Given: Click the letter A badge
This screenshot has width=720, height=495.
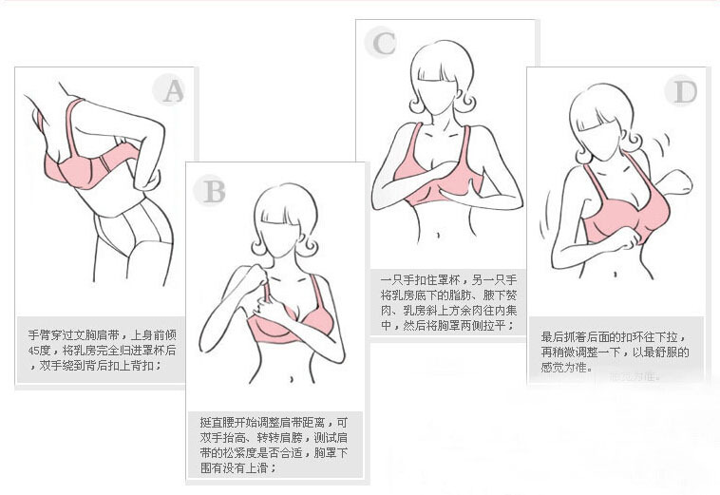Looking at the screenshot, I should click(172, 90).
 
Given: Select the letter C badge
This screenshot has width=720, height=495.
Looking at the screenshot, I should click(384, 43).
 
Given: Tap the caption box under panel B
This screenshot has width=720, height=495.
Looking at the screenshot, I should click(275, 443).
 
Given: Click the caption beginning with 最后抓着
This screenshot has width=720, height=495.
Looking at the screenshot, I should click(615, 352).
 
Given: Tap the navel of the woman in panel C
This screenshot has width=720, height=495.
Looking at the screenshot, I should click(443, 231).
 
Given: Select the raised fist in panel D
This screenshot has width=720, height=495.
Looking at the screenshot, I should click(680, 181).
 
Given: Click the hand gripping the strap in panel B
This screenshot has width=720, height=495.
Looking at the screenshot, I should click(255, 280).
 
